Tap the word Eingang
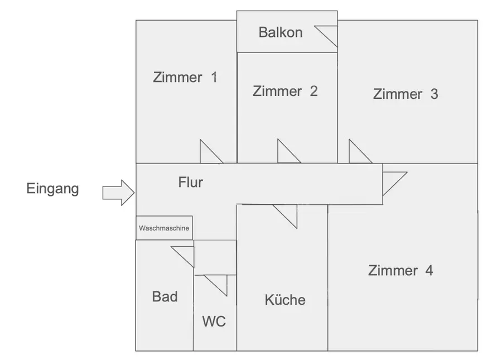(x=52, y=189)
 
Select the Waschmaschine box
(x=164, y=228)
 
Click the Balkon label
(x=280, y=32)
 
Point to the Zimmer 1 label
(x=185, y=78)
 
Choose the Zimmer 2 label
(x=285, y=91)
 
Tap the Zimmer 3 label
(x=406, y=94)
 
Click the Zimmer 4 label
(x=401, y=271)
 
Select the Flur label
(x=190, y=182)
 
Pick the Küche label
(x=285, y=300)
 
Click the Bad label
(x=165, y=296)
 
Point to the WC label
(x=214, y=321)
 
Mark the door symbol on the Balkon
(x=328, y=35)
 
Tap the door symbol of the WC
(x=218, y=284)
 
